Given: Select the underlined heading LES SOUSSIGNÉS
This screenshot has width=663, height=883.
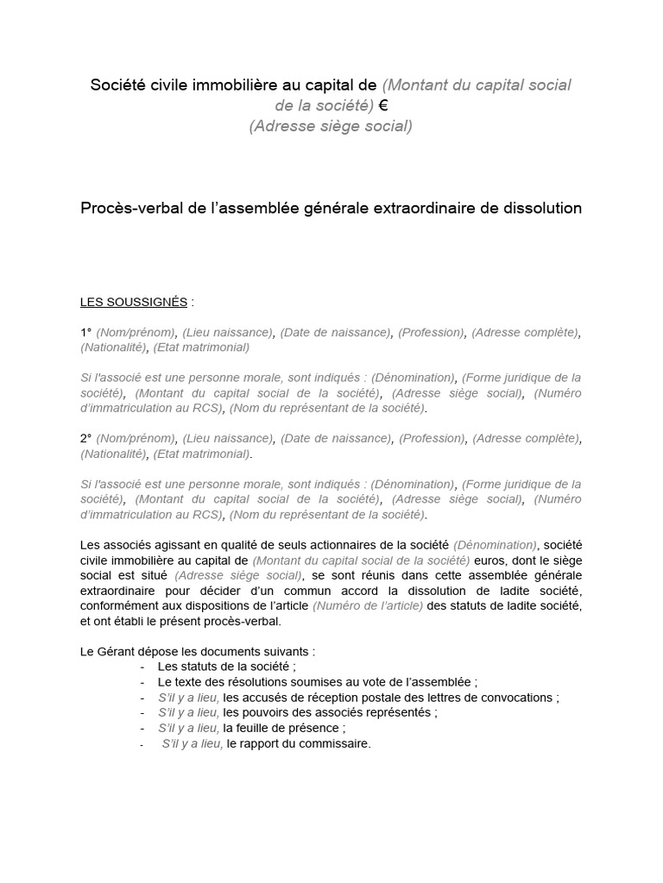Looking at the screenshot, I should tap(134, 302).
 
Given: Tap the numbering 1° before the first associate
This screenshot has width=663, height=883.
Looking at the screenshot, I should tap(86, 332).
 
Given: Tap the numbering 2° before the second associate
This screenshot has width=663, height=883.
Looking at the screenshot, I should tap(86, 438).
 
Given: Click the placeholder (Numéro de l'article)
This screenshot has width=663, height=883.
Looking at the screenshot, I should tap(369, 606).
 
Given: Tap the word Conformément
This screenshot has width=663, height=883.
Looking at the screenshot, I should tap(119, 606).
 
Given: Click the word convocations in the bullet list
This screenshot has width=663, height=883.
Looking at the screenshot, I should tap(512, 698).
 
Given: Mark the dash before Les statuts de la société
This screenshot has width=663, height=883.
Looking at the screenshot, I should tap(142, 667).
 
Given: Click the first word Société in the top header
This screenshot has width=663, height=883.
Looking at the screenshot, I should tap(117, 85).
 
